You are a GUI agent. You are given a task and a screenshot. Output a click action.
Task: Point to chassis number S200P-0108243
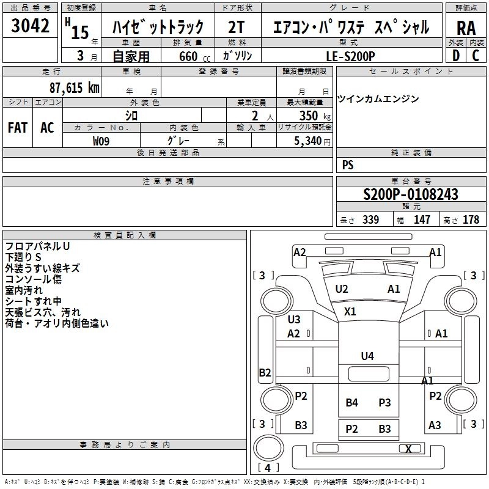tap(410, 195)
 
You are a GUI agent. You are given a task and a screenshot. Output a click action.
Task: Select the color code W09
tap(103, 141)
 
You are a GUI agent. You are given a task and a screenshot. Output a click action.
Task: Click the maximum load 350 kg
tap(309, 115)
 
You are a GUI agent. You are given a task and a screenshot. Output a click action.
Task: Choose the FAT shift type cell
tap(18, 128)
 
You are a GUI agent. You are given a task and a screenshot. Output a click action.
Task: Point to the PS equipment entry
tap(348, 165)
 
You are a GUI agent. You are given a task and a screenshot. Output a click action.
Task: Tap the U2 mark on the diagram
tap(342, 289)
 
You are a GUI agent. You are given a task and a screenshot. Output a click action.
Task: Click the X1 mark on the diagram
tap(350, 311)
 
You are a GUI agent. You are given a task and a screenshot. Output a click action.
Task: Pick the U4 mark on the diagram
tap(367, 356)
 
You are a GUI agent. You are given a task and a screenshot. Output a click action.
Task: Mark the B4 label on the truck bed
tap(351, 402)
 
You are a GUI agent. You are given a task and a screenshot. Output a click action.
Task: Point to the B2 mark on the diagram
tap(265, 372)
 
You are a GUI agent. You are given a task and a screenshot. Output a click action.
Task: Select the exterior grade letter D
tap(455, 56)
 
